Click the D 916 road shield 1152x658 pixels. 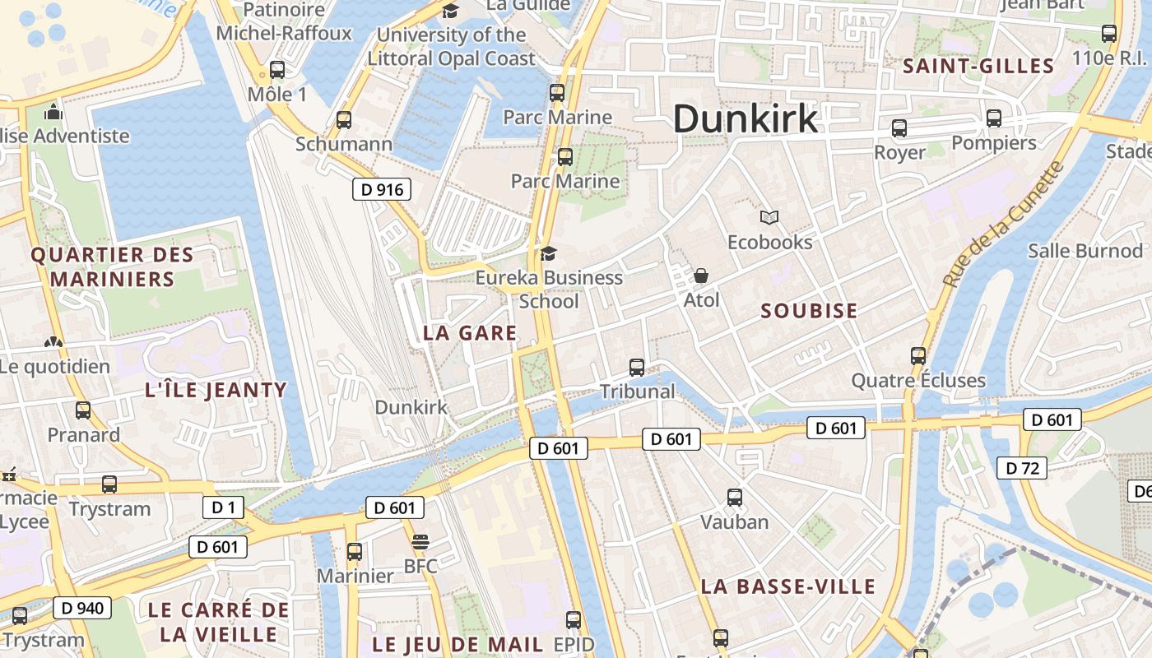(x=382, y=190)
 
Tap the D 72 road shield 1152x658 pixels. (x=1022, y=468)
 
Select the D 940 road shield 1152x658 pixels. (x=81, y=608)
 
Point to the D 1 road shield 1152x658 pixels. (x=223, y=507)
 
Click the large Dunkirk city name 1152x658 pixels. (x=746, y=118)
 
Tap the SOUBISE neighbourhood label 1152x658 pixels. (x=809, y=311)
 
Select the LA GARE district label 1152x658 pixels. (x=470, y=333)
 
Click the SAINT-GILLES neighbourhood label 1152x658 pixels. (x=978, y=67)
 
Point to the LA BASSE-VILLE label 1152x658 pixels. (x=787, y=586)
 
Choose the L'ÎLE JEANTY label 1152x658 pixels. (x=216, y=390)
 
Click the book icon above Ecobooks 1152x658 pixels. (x=769, y=217)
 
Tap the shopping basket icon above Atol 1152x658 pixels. (x=701, y=275)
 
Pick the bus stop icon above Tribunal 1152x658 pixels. (x=637, y=367)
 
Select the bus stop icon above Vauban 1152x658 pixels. (x=734, y=497)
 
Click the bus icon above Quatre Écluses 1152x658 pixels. (x=918, y=355)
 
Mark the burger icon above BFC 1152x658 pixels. (x=420, y=541)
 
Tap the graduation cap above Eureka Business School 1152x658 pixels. (x=548, y=253)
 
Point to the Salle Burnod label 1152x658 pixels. (x=1085, y=251)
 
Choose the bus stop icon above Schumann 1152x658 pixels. (x=344, y=119)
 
